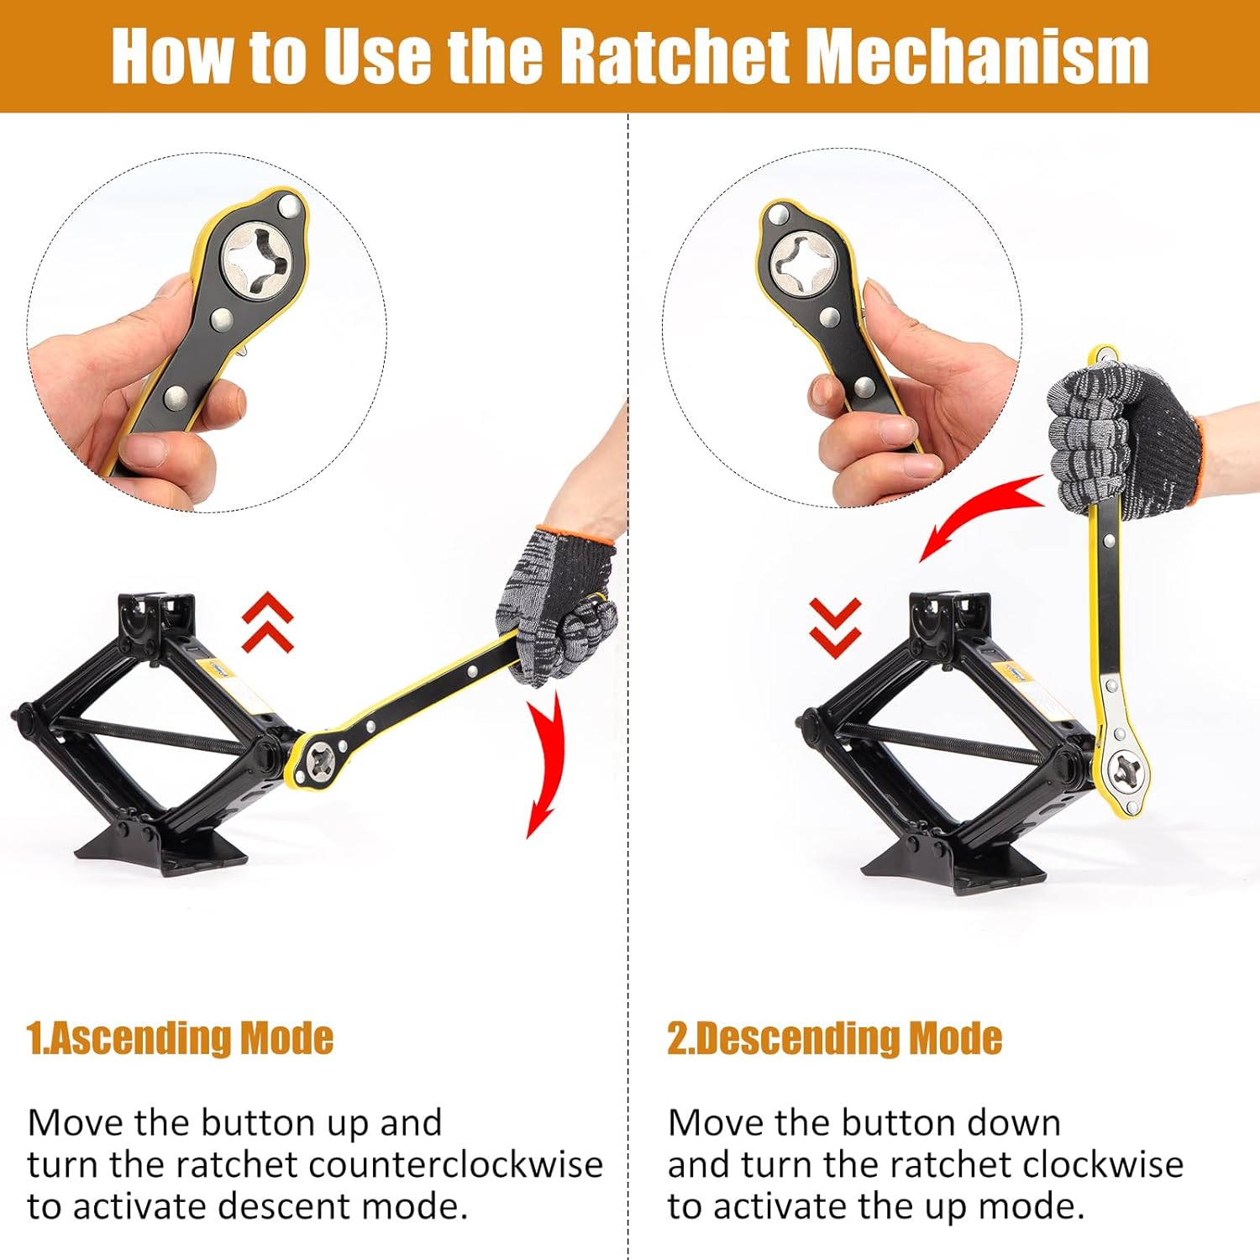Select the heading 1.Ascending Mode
click(x=180, y=1038)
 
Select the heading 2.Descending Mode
click(x=834, y=1038)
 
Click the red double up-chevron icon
click(x=267, y=622)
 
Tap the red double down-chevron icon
click(x=835, y=627)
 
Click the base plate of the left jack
click(x=160, y=848)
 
